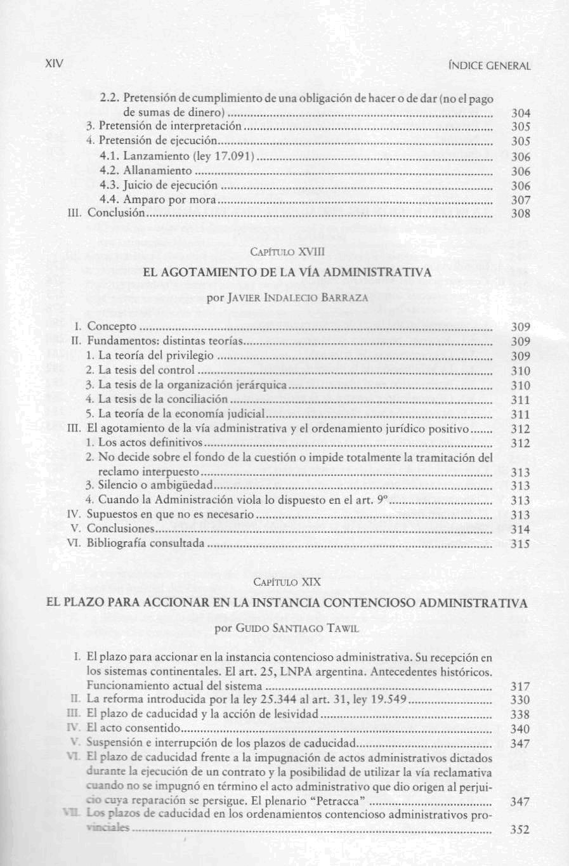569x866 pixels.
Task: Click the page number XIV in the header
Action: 56,63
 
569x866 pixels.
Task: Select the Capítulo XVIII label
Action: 287,252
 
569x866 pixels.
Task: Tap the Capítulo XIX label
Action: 287,581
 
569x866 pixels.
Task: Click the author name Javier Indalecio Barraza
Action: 288,298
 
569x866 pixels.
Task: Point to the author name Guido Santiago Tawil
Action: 287,628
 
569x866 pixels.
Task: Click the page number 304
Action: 521,114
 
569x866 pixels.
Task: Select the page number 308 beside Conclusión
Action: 521,214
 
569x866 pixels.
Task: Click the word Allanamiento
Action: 157,171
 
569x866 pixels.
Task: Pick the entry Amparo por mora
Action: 169,200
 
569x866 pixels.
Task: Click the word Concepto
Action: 112,326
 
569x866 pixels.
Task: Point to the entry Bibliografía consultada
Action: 146,543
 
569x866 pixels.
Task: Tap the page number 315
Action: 521,544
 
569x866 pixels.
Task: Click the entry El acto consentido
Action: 133,728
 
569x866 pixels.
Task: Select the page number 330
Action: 520,700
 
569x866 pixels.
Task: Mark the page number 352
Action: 520,829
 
